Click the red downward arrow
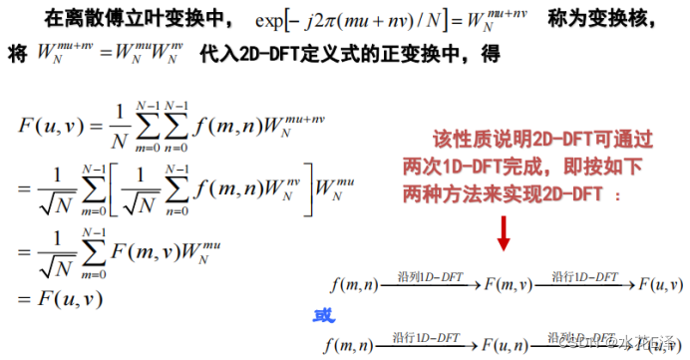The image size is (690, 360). coord(504,231)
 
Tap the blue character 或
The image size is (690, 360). coord(325,317)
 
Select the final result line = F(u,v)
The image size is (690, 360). coord(61,297)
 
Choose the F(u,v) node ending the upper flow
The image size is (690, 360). coord(660,287)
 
